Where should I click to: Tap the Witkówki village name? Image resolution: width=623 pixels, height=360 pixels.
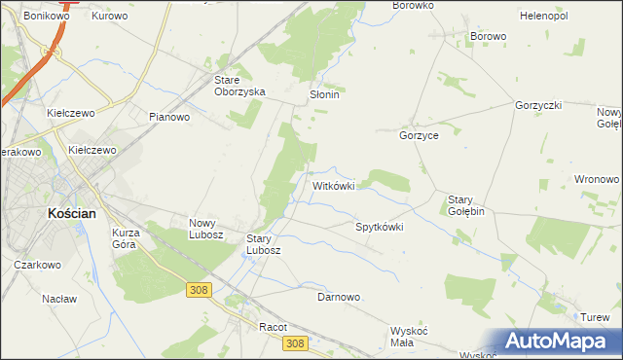339,185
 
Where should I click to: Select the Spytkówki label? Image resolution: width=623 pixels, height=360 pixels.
379,227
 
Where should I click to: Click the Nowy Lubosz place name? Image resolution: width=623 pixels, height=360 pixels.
206,229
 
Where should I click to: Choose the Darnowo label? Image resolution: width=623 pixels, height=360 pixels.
339,297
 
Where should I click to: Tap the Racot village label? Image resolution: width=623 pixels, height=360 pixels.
274,328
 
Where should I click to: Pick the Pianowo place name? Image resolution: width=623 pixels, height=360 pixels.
169,117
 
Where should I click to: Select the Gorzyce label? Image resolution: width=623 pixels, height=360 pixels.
419,136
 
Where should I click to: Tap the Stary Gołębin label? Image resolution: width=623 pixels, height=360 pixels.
466,205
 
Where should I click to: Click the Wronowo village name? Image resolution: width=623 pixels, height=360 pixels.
597,180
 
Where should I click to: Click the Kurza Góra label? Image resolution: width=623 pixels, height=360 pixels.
127,238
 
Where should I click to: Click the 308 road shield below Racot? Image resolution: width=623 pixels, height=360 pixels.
297,342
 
